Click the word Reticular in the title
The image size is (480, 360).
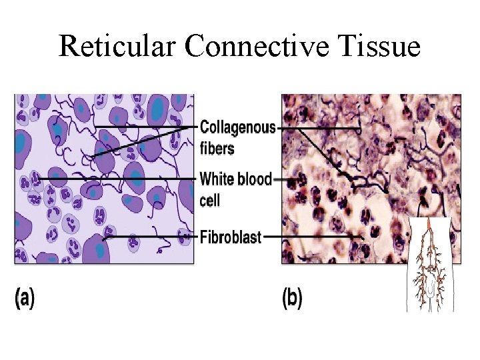pyautogui.click(x=117, y=46)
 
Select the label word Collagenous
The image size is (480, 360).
pyautogui.click(x=238, y=128)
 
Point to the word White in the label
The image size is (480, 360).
pyautogui.click(x=217, y=179)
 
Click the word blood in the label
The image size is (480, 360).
pyautogui.click(x=255, y=179)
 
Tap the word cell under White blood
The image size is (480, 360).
pyautogui.click(x=210, y=200)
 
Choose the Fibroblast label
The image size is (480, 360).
pyautogui.click(x=231, y=236)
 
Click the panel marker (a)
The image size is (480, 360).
pyautogui.click(x=25, y=298)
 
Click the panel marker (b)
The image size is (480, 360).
pyautogui.click(x=292, y=298)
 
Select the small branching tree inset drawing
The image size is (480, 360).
pyautogui.click(x=430, y=267)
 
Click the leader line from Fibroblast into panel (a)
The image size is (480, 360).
pyautogui.click(x=150, y=237)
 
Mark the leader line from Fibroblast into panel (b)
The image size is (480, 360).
pyautogui.click(x=313, y=236)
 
